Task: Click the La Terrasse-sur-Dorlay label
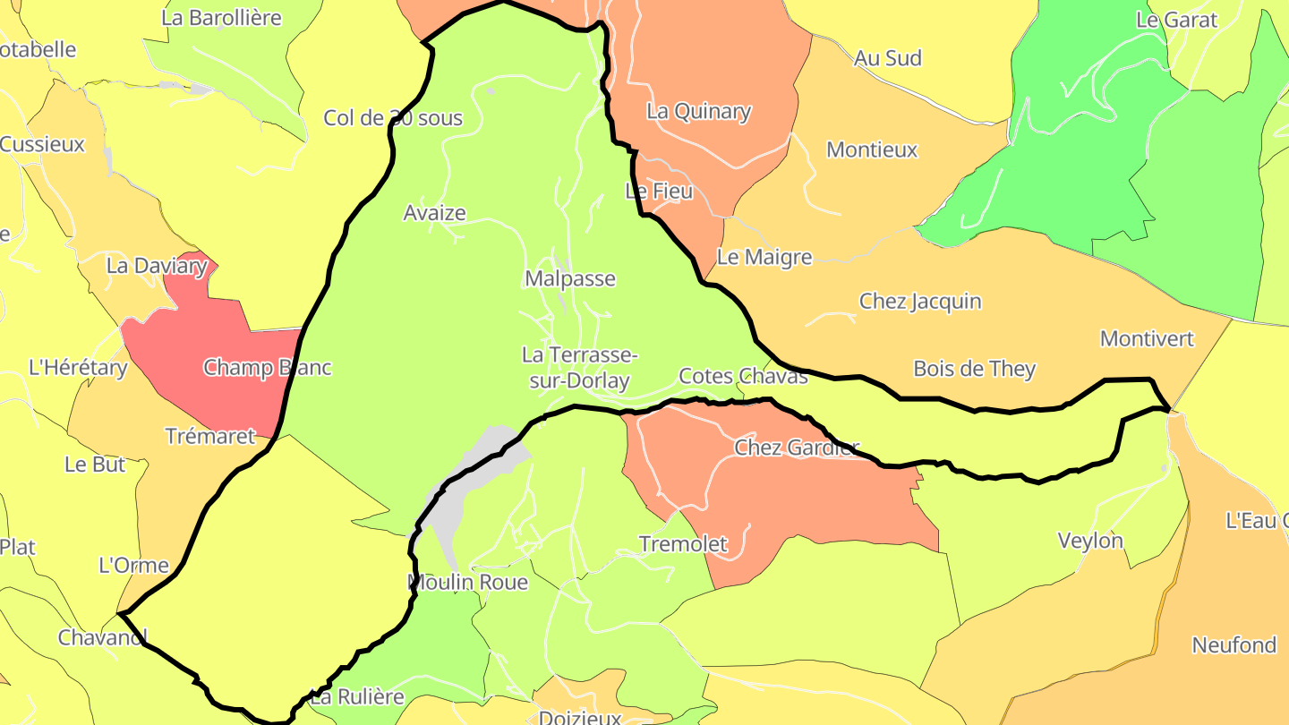579,368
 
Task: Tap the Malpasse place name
570,278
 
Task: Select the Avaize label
435,213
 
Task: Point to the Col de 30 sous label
393,118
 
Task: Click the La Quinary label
698,112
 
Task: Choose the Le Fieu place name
659,191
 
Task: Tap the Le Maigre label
764,258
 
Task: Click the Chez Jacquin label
920,302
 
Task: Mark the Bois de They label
974,369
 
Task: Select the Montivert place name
1147,339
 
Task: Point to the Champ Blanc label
268,368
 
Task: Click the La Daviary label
157,266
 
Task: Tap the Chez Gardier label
797,448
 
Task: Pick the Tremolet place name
683,544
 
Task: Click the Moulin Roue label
467,583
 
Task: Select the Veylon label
1090,541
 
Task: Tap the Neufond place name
1234,645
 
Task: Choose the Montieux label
872,150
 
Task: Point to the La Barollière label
221,18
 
